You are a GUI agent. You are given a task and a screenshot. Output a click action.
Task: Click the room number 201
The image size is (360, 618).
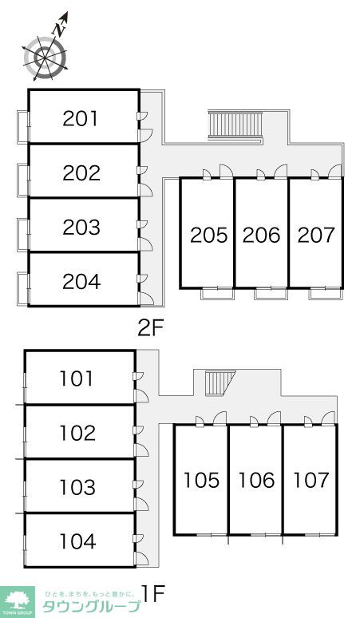pyautogui.click(x=80, y=119)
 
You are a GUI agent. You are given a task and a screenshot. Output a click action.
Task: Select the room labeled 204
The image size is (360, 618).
pyautogui.click(x=81, y=281)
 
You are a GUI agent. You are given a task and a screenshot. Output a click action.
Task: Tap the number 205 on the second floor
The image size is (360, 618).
pyautogui.click(x=209, y=236)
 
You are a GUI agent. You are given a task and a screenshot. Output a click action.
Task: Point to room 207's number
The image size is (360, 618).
pyautogui.click(x=316, y=236)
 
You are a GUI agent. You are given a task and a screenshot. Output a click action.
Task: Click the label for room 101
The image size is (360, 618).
pyautogui.click(x=77, y=378)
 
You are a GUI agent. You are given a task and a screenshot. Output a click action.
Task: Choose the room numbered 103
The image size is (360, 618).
pyautogui.click(x=77, y=487)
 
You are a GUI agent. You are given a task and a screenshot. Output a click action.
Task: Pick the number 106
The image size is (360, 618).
pyautogui.click(x=256, y=480)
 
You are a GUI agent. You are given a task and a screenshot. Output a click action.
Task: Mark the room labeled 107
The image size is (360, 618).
pyautogui.click(x=311, y=480)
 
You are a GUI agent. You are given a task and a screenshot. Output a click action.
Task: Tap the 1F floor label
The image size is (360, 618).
pyautogui.click(x=154, y=594)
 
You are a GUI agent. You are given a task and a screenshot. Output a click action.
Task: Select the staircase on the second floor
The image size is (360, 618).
pyautogui.click(x=235, y=125)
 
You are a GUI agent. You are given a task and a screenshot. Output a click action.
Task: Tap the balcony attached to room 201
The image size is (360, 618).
pyautogui.click(x=23, y=127)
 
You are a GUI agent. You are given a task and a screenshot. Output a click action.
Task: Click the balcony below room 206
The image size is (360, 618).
pyautogui.click(x=271, y=294)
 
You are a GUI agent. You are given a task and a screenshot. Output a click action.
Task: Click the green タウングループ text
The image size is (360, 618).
pyautogui.click(x=91, y=606)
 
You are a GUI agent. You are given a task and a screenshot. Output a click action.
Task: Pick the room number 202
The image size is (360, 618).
pyautogui.click(x=81, y=173)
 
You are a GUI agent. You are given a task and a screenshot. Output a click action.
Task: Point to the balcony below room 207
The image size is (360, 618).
pyautogui.click(x=325, y=294)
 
